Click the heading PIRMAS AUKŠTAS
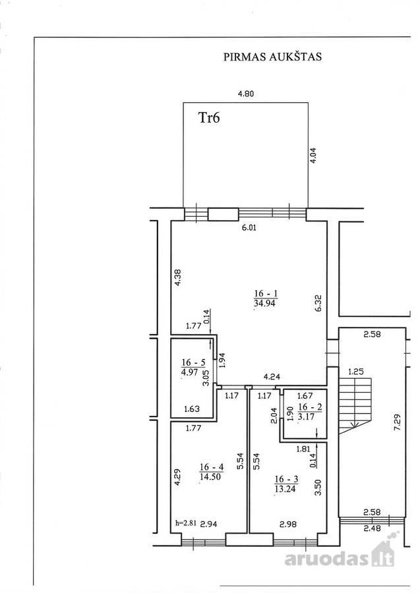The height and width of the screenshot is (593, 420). [272, 57]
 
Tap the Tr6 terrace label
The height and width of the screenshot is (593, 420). [209, 118]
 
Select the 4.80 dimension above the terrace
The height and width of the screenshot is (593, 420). [245, 94]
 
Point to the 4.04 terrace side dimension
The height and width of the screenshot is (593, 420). [313, 155]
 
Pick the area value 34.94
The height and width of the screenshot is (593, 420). [264, 303]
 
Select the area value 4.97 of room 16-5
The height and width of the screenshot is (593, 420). [190, 372]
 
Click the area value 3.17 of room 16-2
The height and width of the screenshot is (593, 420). [306, 417]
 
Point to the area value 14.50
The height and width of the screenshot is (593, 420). [210, 477]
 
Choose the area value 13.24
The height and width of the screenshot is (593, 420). [285, 489]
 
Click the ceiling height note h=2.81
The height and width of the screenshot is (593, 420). [186, 524]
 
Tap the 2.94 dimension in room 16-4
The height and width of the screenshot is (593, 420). [208, 524]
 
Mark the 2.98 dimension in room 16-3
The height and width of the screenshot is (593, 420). [288, 524]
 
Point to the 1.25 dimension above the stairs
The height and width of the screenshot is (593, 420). [355, 372]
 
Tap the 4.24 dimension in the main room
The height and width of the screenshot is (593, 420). [272, 377]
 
